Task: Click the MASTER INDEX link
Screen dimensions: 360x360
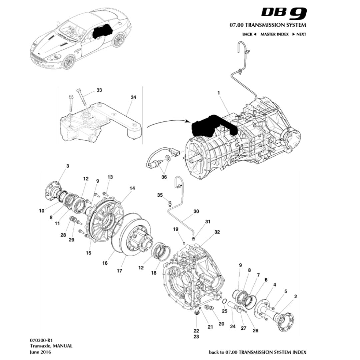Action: click(x=274, y=34)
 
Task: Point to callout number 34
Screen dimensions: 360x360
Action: click(x=133, y=97)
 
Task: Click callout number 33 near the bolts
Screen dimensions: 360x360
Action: click(x=99, y=90)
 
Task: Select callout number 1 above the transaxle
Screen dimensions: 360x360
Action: click(x=219, y=94)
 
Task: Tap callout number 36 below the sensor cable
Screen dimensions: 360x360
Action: click(x=164, y=177)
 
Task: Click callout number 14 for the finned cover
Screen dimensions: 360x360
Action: click(x=132, y=188)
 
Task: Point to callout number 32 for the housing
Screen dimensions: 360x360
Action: click(x=217, y=232)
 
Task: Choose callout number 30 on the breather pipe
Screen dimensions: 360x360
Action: click(x=196, y=211)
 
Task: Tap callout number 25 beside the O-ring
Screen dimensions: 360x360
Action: click(x=224, y=311)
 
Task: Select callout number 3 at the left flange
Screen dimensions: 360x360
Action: click(x=68, y=166)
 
